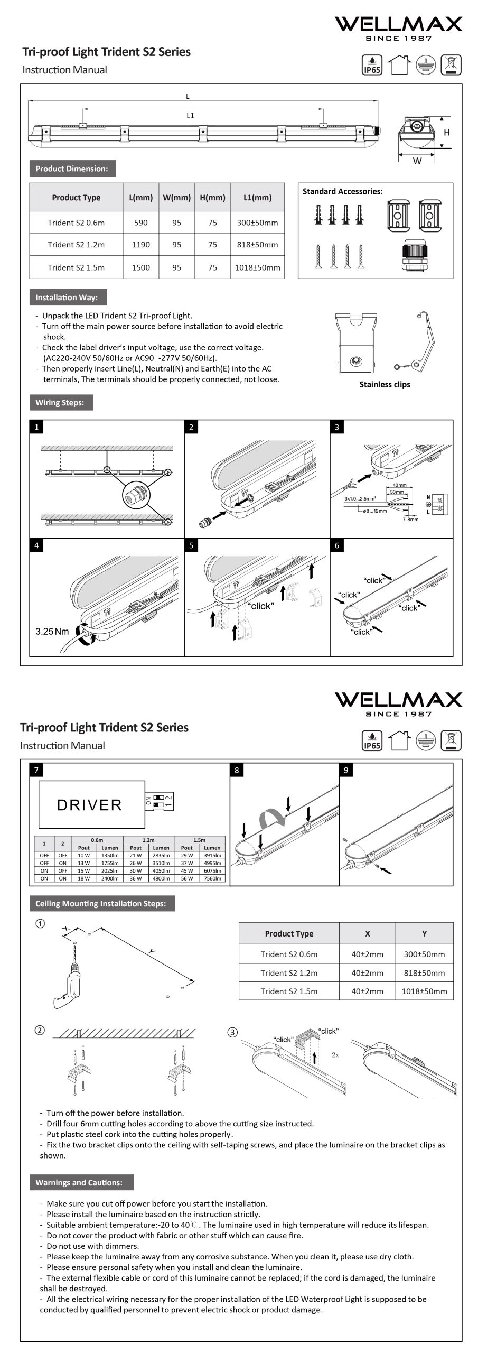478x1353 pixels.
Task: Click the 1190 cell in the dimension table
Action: (x=140, y=245)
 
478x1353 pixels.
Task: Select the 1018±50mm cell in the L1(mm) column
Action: (x=257, y=267)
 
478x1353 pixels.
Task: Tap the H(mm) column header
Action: (x=212, y=198)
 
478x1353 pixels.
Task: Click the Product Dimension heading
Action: (x=72, y=169)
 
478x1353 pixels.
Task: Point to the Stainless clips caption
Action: (x=385, y=384)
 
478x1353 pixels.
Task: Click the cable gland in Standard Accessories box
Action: (x=418, y=253)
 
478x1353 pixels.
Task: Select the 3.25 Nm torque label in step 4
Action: (x=52, y=632)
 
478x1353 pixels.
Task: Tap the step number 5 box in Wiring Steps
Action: (x=191, y=545)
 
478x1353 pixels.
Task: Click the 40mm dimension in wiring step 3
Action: (x=399, y=485)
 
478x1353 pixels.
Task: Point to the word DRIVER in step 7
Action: (x=89, y=805)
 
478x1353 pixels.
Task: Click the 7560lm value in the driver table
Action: (x=212, y=878)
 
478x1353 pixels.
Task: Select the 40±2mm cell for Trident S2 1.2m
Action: (x=367, y=972)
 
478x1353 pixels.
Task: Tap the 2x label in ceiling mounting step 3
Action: (x=335, y=1054)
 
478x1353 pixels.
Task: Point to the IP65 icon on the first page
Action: (x=372, y=66)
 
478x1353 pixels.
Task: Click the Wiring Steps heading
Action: (x=60, y=402)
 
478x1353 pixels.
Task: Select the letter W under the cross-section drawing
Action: (x=417, y=161)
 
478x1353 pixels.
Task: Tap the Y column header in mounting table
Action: (x=424, y=933)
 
